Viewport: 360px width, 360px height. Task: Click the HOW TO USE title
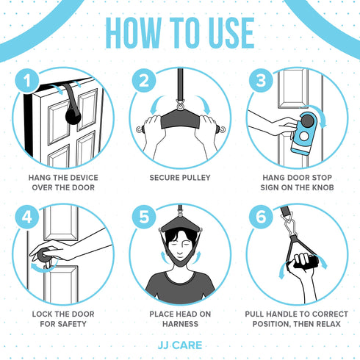180,33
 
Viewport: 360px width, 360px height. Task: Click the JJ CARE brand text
179,343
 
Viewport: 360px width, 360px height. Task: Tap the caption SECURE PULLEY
180,178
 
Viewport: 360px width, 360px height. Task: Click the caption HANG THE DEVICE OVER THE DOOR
64,182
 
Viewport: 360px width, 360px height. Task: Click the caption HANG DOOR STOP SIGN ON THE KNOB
296,182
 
